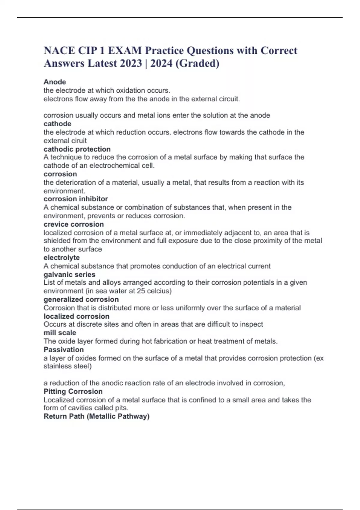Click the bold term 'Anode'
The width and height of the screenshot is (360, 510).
click(55, 82)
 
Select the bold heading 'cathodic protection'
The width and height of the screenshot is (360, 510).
click(77, 149)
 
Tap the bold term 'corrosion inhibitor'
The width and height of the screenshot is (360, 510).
click(76, 199)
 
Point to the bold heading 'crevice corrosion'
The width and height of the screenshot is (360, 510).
click(74, 224)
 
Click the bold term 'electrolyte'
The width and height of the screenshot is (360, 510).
click(61, 257)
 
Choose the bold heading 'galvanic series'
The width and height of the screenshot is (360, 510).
click(69, 274)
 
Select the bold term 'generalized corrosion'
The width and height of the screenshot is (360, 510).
click(81, 299)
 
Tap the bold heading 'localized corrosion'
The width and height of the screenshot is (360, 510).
click(76, 316)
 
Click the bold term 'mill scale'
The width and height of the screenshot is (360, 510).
click(60, 333)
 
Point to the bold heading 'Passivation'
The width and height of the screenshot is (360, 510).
click(64, 349)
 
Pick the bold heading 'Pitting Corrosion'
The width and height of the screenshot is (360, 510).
click(73, 391)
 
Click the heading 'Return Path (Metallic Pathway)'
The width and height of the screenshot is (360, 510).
click(97, 416)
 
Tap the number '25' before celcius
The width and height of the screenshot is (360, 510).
click(141, 291)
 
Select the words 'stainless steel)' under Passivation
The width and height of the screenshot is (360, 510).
click(68, 366)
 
